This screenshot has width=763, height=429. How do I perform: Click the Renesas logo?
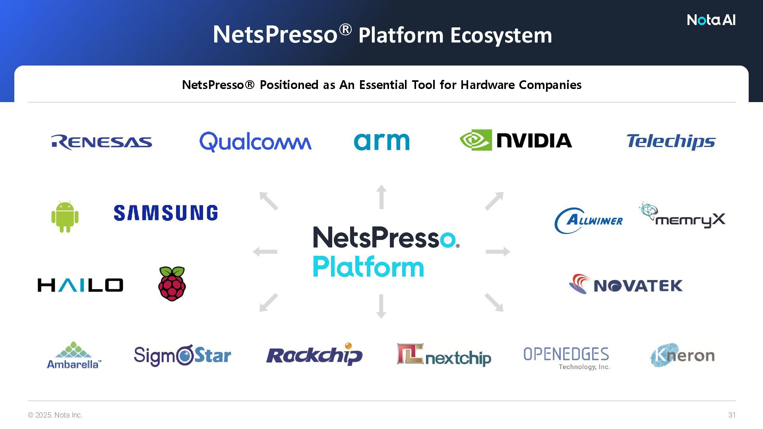(x=102, y=142)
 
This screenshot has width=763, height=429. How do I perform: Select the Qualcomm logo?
(x=255, y=142)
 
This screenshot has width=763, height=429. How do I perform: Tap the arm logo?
(x=381, y=141)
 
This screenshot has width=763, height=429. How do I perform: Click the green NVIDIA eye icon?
(x=476, y=140)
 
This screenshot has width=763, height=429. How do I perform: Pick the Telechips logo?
(x=671, y=141)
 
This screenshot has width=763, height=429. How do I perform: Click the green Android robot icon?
(x=65, y=216)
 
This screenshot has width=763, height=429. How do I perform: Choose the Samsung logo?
(x=166, y=213)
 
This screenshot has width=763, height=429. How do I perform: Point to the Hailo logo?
(x=80, y=285)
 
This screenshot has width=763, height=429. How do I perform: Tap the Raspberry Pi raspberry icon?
(x=172, y=284)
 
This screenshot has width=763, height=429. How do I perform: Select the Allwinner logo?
(x=589, y=220)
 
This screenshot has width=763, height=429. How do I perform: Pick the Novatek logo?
(x=626, y=284)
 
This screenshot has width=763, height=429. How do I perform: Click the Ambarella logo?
(x=74, y=356)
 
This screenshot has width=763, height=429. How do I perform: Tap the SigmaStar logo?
(x=182, y=356)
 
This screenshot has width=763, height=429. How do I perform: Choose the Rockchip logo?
(x=314, y=354)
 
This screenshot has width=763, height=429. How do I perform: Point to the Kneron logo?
(x=682, y=355)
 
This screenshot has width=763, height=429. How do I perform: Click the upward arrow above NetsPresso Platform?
(x=381, y=197)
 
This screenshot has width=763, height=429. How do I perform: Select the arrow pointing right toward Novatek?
(x=498, y=251)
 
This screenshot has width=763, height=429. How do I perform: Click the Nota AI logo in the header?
(x=711, y=20)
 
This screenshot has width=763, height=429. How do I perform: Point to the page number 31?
(x=732, y=415)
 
